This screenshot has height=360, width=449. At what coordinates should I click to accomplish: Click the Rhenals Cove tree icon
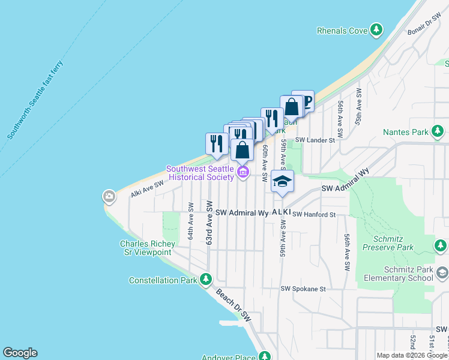376,29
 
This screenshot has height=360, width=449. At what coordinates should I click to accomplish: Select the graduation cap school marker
282,181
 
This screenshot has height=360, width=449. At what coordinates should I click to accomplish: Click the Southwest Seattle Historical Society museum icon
243,173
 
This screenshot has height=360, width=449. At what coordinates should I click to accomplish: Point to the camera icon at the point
109,196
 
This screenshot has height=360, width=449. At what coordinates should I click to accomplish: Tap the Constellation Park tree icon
206,280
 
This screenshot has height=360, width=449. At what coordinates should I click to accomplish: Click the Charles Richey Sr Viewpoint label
147,248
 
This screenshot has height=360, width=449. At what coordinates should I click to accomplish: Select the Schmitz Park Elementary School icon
442,273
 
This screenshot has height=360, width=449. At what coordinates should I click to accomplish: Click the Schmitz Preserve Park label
388,242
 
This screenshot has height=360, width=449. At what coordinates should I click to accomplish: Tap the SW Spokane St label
303,289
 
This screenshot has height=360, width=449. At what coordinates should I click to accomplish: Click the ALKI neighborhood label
281,212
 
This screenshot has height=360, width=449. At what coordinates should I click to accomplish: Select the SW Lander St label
313,140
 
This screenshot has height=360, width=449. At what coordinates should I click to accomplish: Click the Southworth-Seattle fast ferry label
35,100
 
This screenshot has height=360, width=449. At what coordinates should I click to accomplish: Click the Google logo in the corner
20,353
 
